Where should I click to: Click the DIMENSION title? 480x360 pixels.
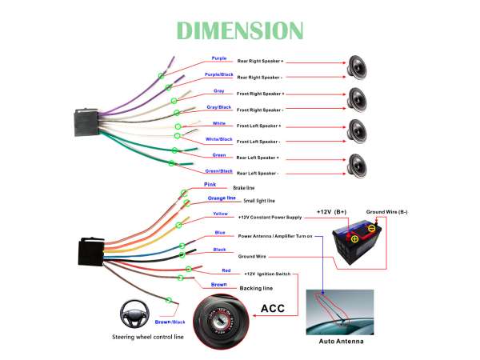pos(240,30)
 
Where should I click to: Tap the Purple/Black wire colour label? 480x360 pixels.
pos(218,74)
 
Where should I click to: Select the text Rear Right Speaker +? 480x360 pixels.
pos(260,61)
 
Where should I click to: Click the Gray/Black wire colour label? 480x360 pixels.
pos(218,106)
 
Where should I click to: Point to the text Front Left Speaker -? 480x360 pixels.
pos(258,141)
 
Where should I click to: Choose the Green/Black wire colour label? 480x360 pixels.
pos(218,170)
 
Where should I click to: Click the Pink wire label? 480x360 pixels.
pos(210,184)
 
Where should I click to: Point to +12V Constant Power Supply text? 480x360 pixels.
pos(270,217)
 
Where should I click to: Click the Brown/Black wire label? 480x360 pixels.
pos(170,321)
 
